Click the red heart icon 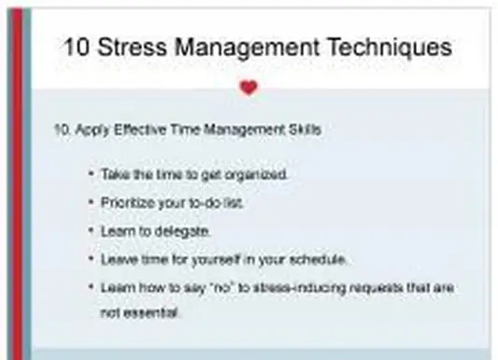(248, 88)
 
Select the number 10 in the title (79, 47)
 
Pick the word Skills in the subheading (304, 130)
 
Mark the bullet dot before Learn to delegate (91, 229)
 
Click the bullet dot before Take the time (91, 175)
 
